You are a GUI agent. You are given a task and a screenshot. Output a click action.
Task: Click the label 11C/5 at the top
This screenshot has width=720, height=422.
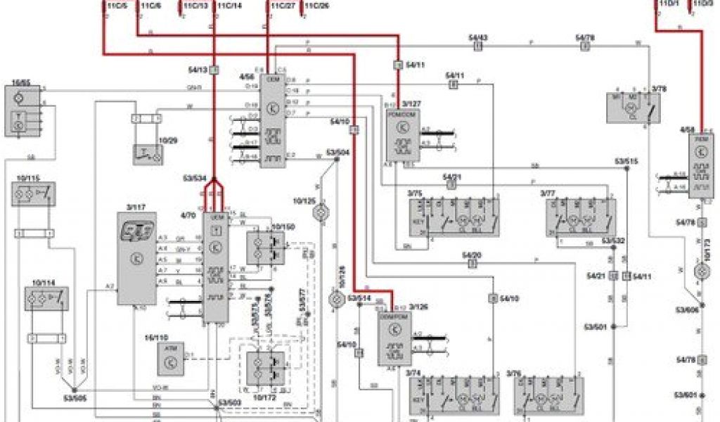click(x=117, y=6)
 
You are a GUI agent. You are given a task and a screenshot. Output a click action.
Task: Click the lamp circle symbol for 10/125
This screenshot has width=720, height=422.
click(x=324, y=210)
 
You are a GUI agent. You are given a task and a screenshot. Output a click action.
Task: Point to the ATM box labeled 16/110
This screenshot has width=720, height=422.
click(x=169, y=358)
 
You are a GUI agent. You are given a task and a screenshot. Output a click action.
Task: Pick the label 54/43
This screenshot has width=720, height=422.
click(x=478, y=37)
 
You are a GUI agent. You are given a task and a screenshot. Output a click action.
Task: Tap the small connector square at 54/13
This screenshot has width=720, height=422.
click(x=214, y=70)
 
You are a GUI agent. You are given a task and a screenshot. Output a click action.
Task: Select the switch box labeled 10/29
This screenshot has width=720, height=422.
click(x=148, y=153)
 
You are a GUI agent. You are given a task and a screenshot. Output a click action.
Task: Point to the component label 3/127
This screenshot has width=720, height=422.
click(x=411, y=102)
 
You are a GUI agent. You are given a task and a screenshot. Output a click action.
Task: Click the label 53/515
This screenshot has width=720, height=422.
click(x=626, y=161)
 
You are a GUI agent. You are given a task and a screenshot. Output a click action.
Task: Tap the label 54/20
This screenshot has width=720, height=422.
click(x=472, y=255)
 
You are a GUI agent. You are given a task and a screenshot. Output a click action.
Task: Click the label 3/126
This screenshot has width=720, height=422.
click(x=418, y=306)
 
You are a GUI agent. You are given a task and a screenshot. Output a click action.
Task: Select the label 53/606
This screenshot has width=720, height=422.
click(x=686, y=309)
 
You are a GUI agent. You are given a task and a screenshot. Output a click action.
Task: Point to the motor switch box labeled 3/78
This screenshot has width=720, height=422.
click(x=634, y=107)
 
